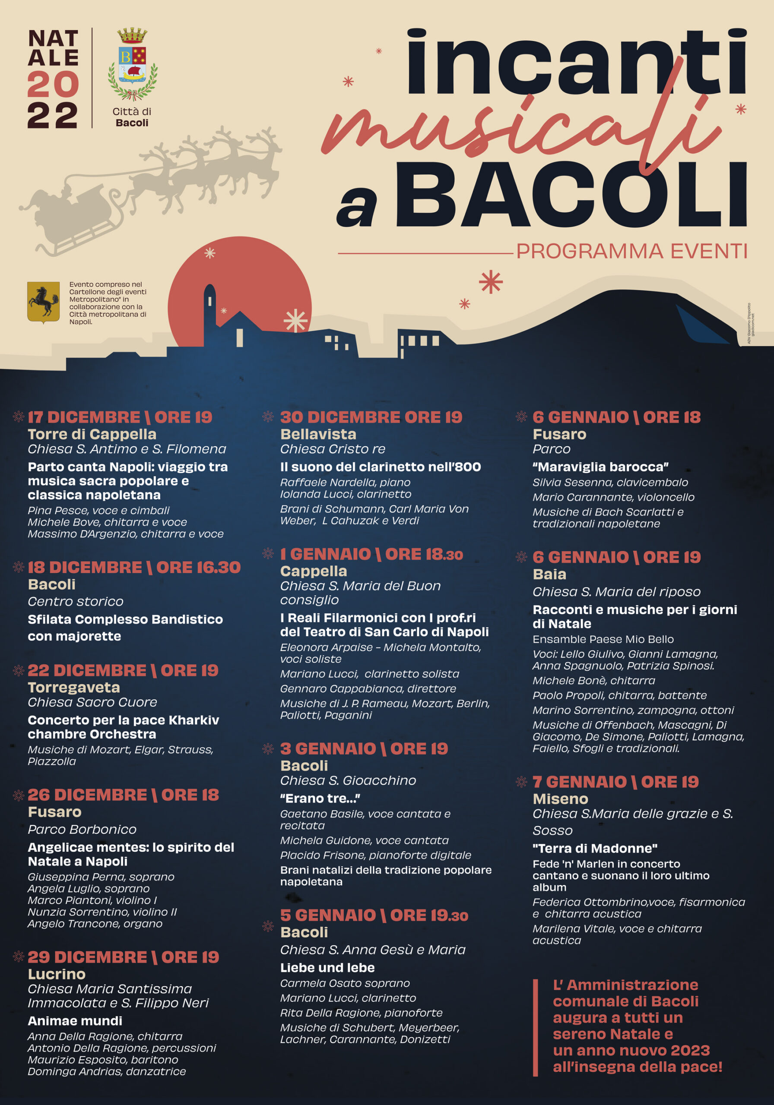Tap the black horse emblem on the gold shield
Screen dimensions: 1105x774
click(x=43, y=302)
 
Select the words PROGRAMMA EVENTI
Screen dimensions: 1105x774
click(x=631, y=251)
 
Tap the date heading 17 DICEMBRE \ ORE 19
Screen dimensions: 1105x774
click(x=120, y=417)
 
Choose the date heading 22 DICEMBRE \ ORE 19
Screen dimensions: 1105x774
click(x=123, y=670)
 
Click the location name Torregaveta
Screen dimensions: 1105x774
click(x=74, y=687)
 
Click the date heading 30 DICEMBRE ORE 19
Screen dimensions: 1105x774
click(x=371, y=417)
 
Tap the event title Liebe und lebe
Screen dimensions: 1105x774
click(x=327, y=967)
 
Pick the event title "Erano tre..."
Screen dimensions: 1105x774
click(x=320, y=798)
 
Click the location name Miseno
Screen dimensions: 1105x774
click(x=560, y=799)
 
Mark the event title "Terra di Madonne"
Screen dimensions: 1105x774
click(x=595, y=848)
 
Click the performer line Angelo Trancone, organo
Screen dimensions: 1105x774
click(x=95, y=924)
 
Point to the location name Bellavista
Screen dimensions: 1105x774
click(x=318, y=434)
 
